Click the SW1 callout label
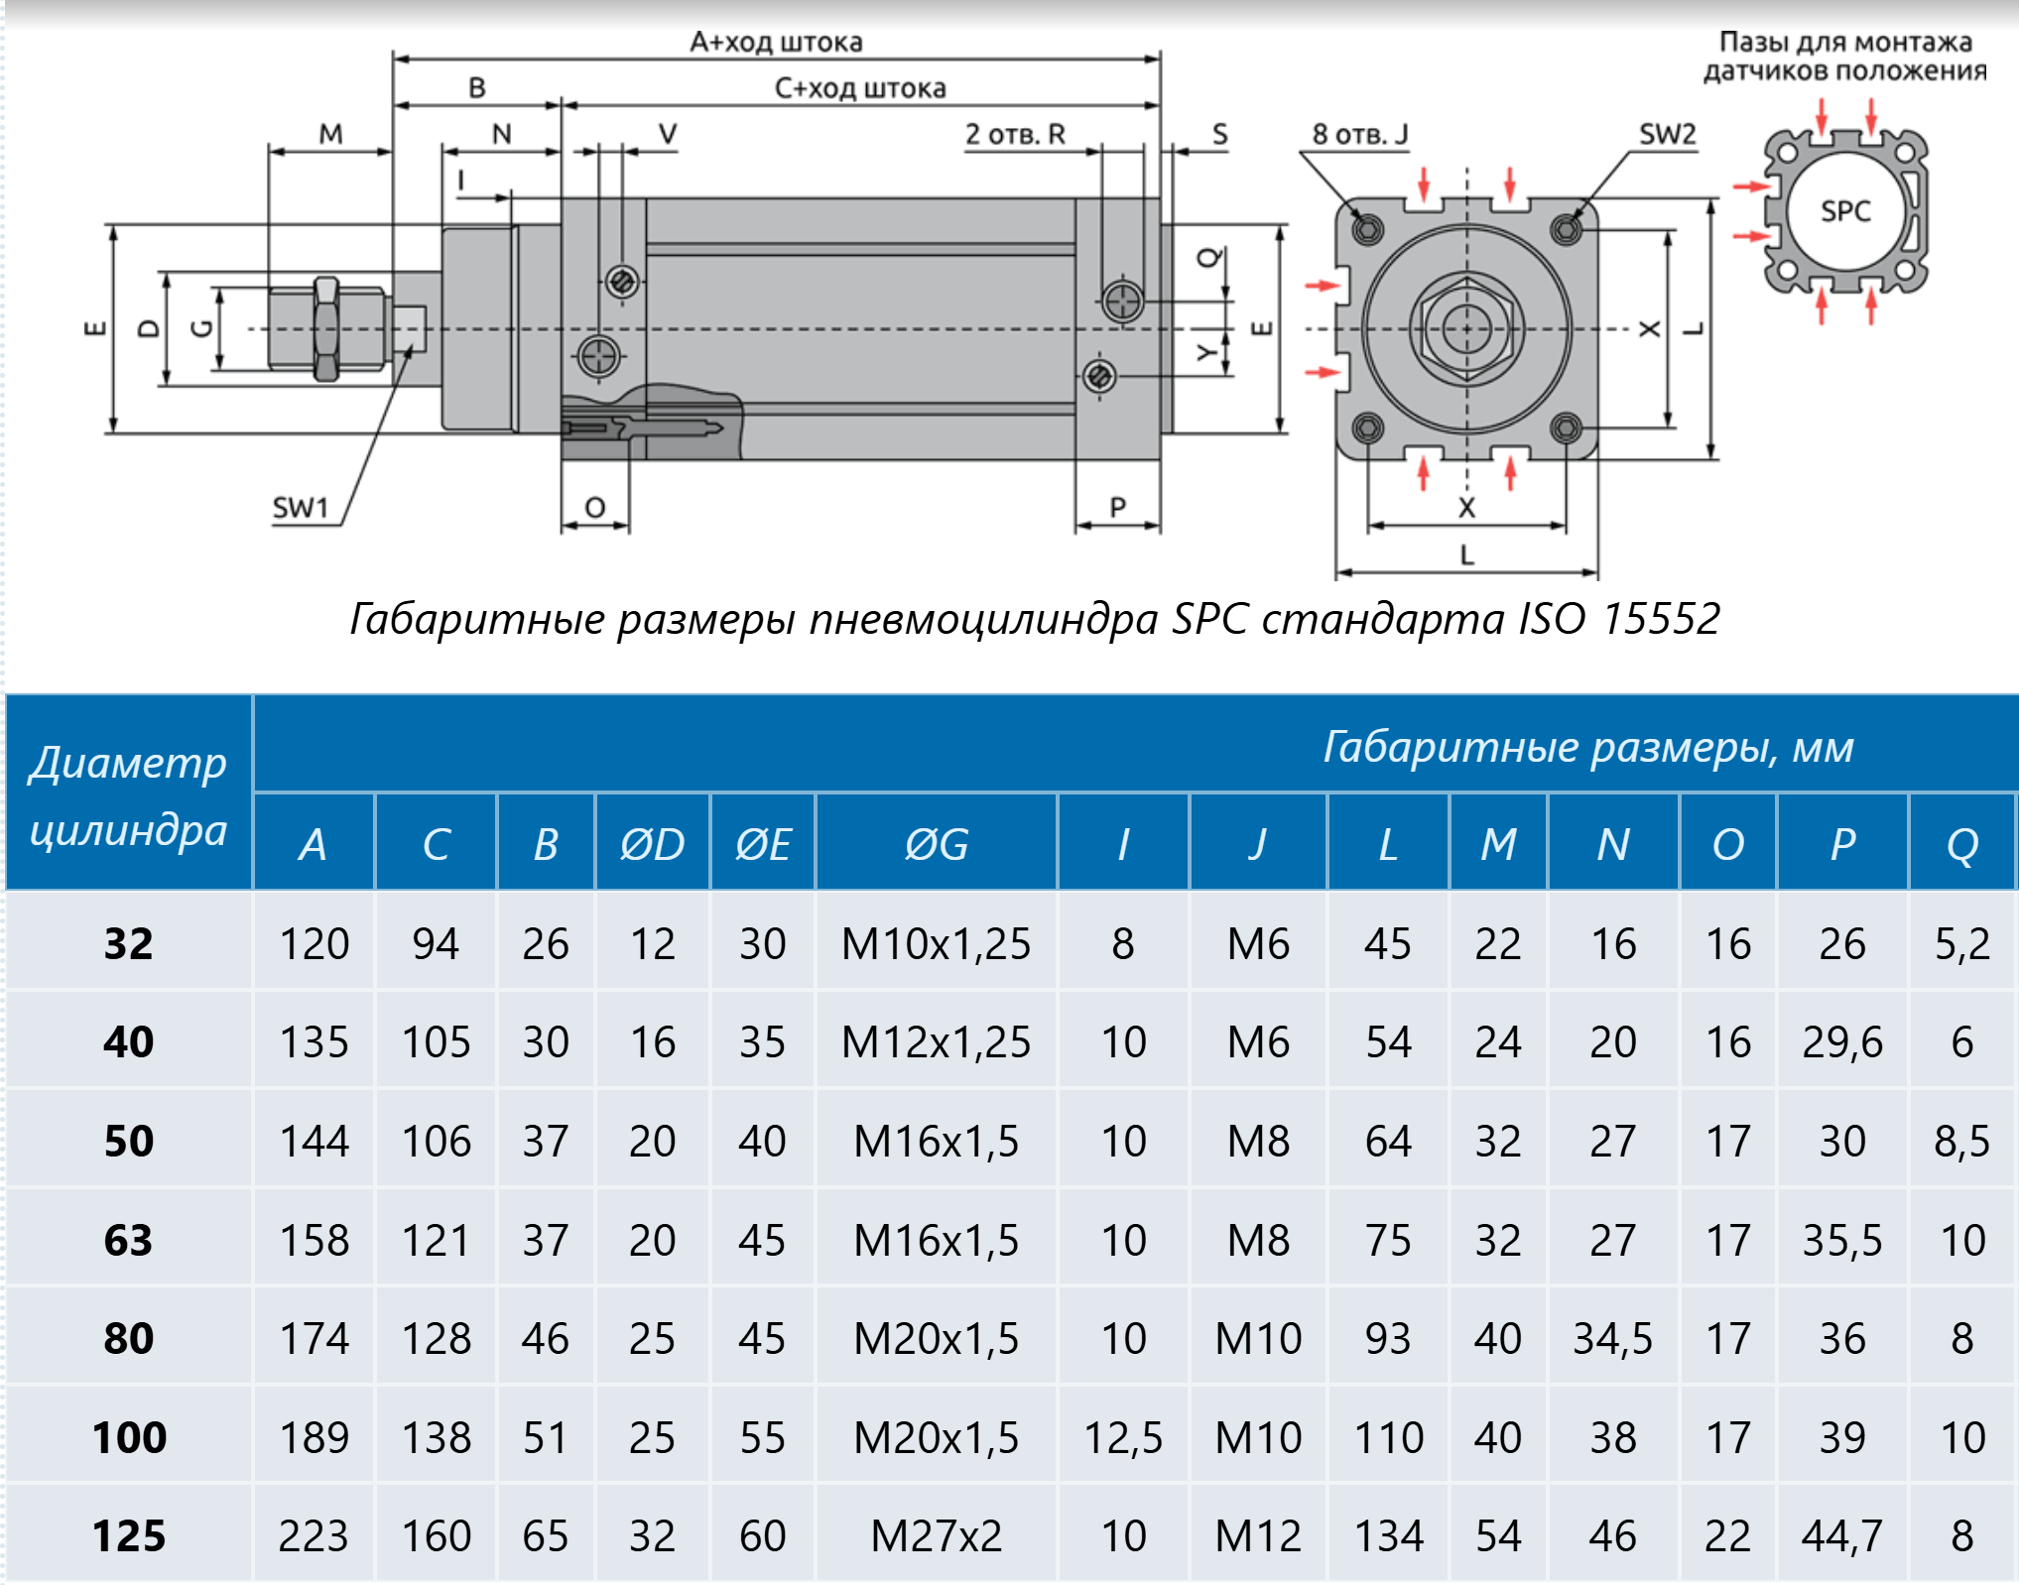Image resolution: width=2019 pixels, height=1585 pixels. coord(300,508)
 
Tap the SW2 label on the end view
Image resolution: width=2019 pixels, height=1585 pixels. coord(1667,134)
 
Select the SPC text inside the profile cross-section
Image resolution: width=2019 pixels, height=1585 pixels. coord(1844,211)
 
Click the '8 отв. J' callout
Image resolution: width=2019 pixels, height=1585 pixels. coord(1359,134)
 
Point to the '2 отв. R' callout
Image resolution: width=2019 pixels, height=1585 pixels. coord(1015,134)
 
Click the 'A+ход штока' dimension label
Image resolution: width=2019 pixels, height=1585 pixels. coord(776,42)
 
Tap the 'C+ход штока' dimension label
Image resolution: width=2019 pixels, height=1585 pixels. coord(859,88)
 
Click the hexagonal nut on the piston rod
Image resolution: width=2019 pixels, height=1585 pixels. coord(325,328)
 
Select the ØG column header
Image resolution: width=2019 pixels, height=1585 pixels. coord(936,844)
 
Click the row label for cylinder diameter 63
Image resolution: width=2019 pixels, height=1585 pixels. coord(128,1240)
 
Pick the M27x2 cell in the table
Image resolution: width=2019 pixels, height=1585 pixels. coord(936,1535)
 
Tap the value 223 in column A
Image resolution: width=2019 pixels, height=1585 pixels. coord(314,1535)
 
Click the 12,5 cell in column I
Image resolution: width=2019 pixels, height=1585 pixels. coord(1123,1437)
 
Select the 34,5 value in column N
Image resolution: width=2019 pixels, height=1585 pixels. coord(1612,1338)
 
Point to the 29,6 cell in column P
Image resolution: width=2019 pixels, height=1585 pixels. coord(1841,1041)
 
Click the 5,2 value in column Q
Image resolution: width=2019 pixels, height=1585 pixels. coord(1961,943)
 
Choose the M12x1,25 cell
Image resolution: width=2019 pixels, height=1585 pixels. coord(936,1041)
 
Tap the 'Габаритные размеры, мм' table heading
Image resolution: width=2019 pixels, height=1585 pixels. coord(1587,746)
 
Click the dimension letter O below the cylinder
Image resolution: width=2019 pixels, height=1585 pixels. coord(594,508)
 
